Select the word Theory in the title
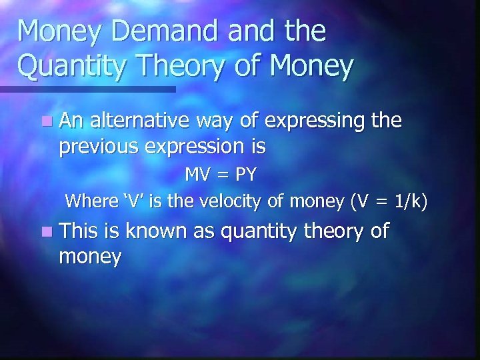click(x=177, y=67)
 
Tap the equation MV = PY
click(x=220, y=175)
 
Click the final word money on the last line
click(x=90, y=257)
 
